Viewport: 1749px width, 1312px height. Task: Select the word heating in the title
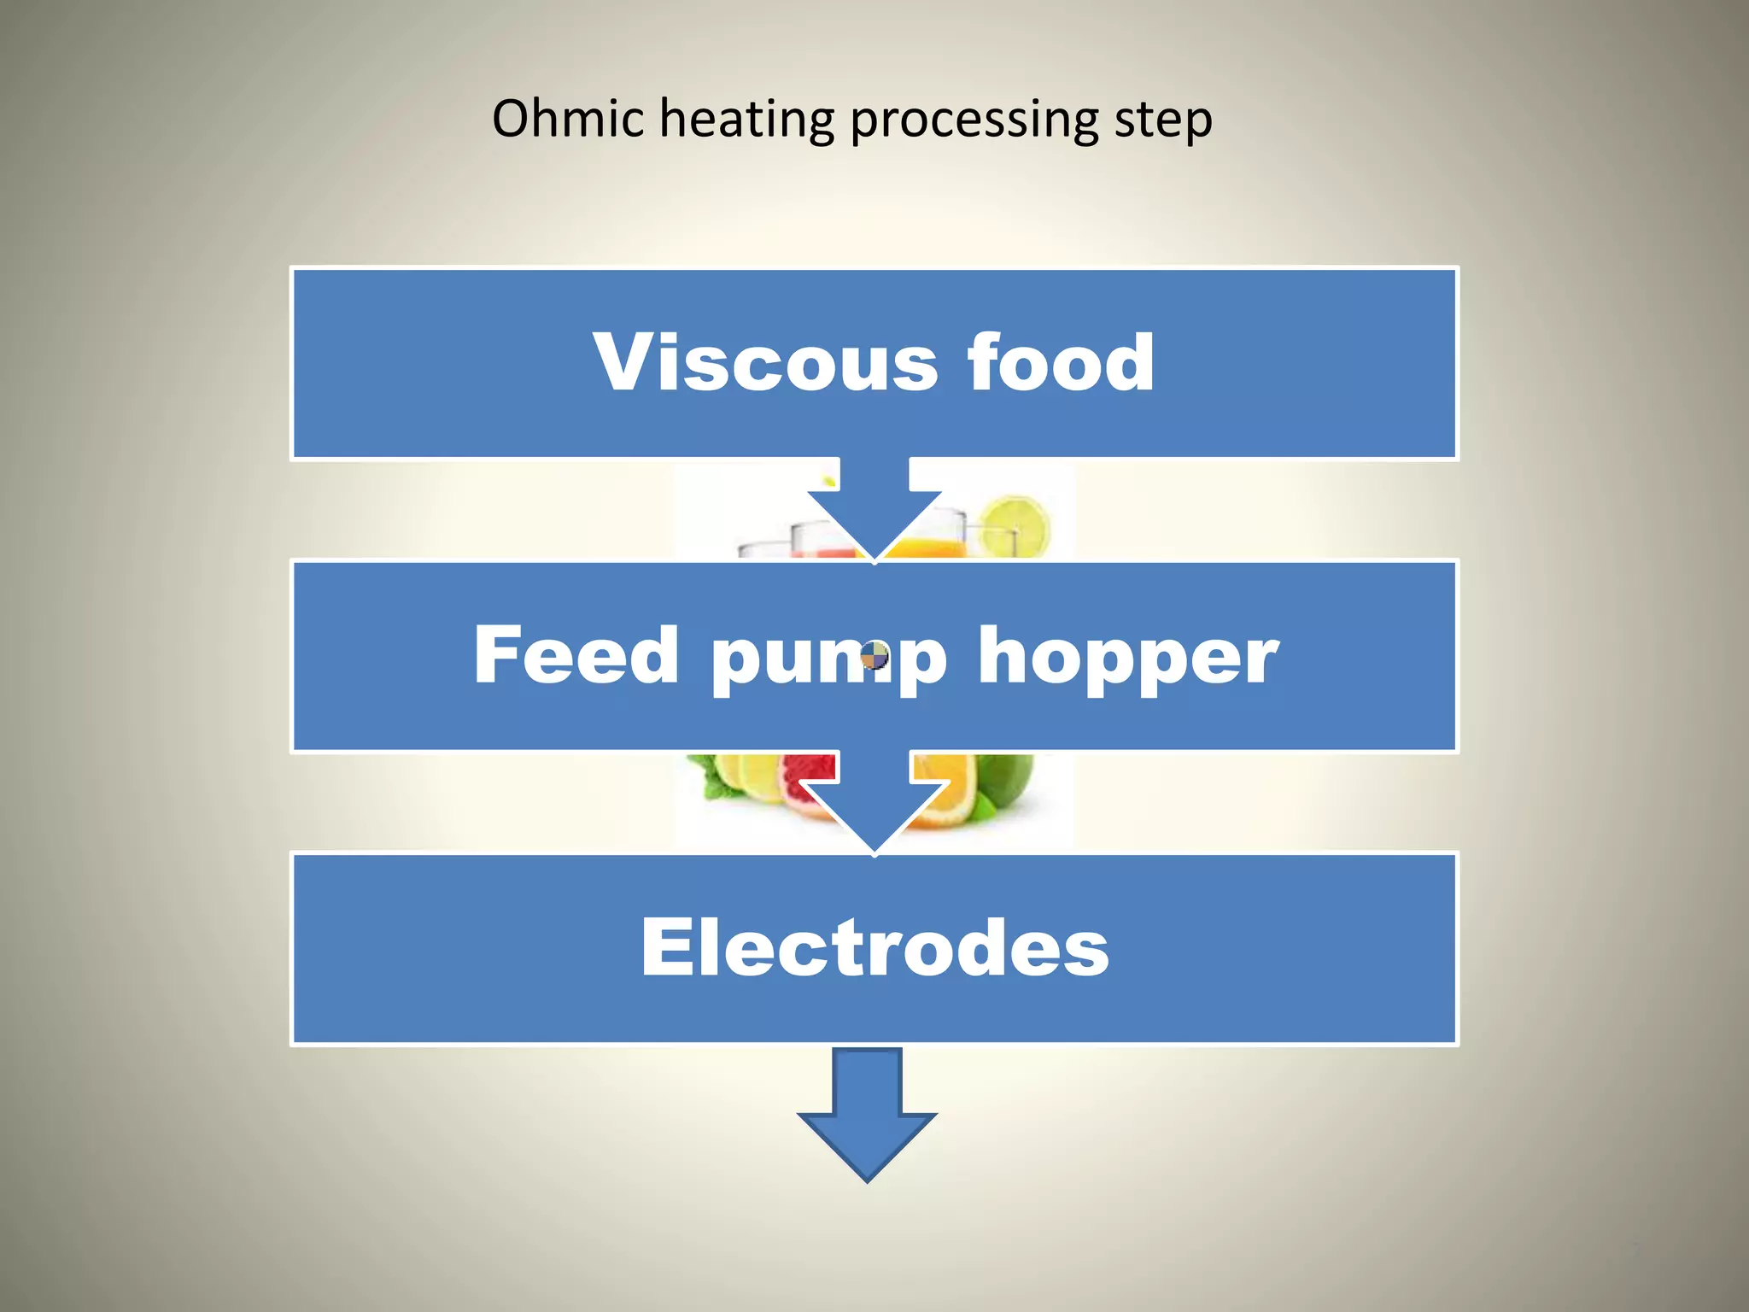[746, 120]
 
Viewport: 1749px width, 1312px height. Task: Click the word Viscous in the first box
[766, 362]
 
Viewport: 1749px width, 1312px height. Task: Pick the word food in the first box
[1061, 362]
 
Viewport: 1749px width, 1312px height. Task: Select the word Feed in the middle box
[576, 655]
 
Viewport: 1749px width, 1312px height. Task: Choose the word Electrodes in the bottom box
[874, 948]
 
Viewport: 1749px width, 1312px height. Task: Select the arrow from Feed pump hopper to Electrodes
[874, 803]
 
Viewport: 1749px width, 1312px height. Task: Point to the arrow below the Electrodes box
[867, 1119]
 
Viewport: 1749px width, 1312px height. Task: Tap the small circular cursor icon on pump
[874, 656]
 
